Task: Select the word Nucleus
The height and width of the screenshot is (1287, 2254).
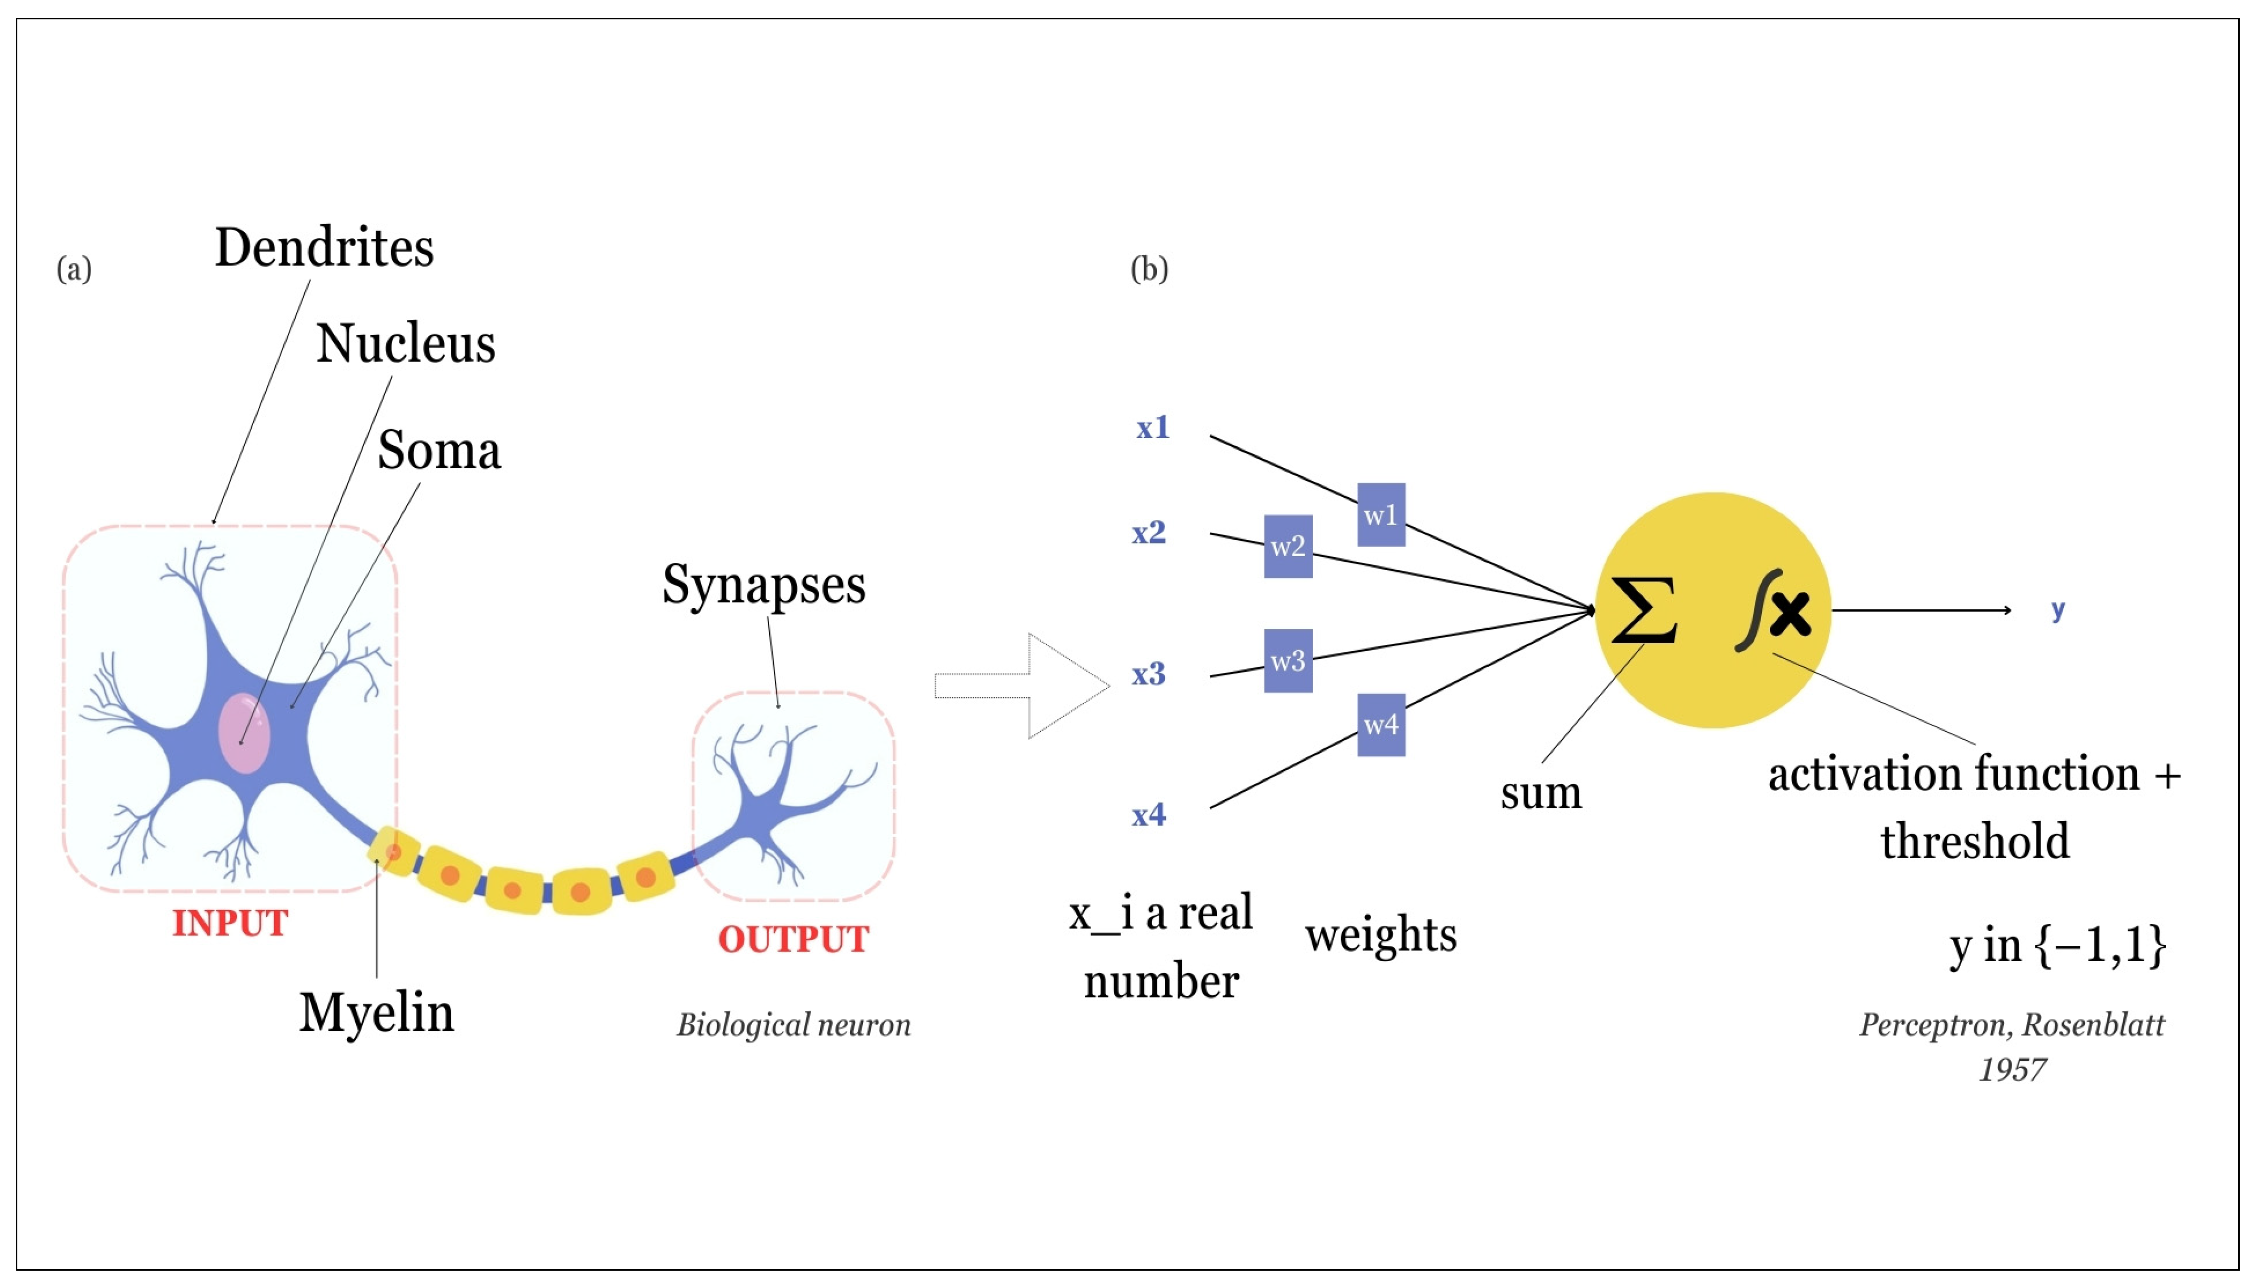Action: [405, 344]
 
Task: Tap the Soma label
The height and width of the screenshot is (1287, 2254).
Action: [439, 451]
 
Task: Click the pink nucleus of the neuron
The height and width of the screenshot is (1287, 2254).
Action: [244, 733]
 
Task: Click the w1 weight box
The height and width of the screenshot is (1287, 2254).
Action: [1381, 514]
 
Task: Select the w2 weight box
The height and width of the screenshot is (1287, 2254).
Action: [1288, 546]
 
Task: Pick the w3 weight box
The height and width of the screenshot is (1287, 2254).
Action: [1288, 660]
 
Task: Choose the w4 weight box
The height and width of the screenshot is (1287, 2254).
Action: [1381, 725]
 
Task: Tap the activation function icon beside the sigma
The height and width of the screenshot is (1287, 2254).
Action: [1774, 611]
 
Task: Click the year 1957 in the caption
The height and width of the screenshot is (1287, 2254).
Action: [2012, 1070]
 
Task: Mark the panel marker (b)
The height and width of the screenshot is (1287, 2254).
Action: [1149, 269]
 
